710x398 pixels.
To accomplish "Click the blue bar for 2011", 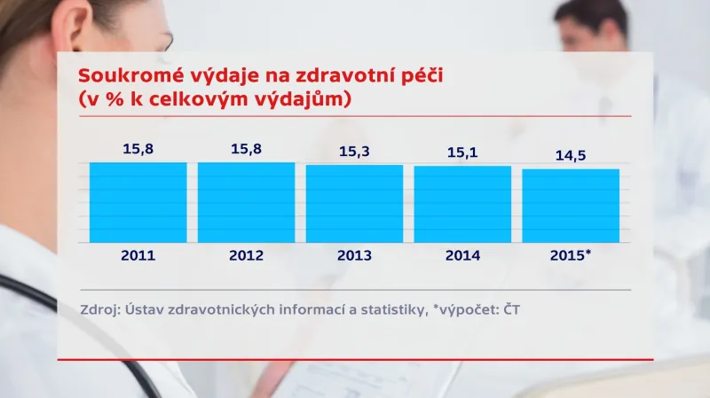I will tap(138, 202).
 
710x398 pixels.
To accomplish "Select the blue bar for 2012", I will tap(246, 202).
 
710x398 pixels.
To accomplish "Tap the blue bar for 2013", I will tap(354, 204).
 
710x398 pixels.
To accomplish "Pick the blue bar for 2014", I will tap(462, 205).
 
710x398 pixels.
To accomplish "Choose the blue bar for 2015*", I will tap(571, 206).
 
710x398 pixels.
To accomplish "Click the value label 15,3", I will tap(354, 152).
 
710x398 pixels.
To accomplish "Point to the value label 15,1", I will tap(462, 153).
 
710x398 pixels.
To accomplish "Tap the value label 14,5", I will tap(571, 156).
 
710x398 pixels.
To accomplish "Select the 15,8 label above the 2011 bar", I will tap(138, 149).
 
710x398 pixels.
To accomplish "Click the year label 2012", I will tap(246, 255).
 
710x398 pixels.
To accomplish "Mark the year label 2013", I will tap(354, 255).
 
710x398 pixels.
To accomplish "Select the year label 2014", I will tap(462, 255).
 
